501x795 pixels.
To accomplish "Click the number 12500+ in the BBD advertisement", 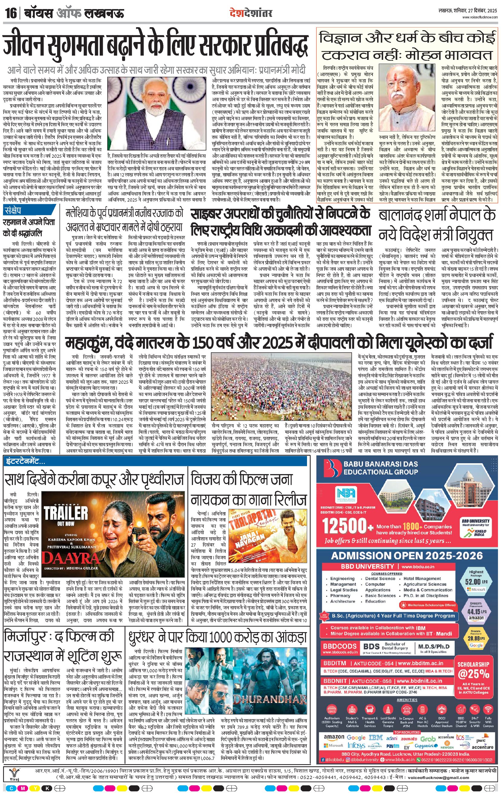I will coord(347,525).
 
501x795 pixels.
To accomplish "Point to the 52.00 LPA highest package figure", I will coord(476,581).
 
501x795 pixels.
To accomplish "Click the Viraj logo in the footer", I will coord(14,773).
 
